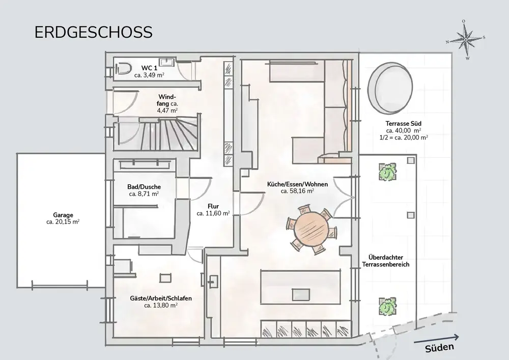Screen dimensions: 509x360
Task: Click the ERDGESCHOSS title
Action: click(94, 33)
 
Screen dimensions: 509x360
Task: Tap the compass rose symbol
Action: click(466, 40)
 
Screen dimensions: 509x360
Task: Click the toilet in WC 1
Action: click(123, 69)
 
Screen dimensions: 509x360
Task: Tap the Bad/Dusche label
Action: click(144, 187)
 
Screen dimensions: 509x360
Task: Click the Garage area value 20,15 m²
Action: click(63, 222)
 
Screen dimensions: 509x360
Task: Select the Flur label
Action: click(213, 206)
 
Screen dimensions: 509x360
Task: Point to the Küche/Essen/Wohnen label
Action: click(297, 184)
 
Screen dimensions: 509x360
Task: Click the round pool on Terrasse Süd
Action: click(390, 87)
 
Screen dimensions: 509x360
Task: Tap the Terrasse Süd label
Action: click(404, 123)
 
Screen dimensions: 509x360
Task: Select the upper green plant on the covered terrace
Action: click(387, 172)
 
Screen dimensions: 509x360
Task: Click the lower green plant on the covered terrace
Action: click(387, 306)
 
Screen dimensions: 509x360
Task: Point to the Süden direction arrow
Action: click(436, 339)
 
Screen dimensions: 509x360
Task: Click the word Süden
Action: click(440, 348)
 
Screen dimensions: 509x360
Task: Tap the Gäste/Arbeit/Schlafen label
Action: click(161, 298)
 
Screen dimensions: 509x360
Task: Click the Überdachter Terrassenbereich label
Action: click(386, 261)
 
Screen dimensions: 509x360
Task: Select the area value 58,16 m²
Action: click(297, 191)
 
